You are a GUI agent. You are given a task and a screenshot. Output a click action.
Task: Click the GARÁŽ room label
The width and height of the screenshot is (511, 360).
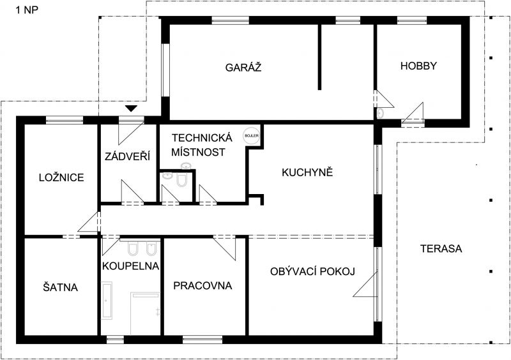[x=243, y=67]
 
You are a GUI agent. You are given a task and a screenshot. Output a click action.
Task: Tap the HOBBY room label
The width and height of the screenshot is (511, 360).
[x=418, y=66]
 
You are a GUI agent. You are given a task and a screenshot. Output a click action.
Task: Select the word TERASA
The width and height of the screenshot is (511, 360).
[x=441, y=248]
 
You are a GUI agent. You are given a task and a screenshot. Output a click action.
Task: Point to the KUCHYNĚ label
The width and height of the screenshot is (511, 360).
[x=307, y=172]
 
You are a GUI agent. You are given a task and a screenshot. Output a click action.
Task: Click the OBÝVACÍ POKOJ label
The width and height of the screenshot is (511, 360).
[x=312, y=271]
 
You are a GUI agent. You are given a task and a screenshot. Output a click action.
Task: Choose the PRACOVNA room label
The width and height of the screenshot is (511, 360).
[x=202, y=285]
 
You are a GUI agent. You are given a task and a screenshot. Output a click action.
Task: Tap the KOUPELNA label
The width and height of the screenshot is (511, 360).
[x=130, y=266]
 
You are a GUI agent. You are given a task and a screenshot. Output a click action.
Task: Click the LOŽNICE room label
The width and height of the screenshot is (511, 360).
[x=61, y=177]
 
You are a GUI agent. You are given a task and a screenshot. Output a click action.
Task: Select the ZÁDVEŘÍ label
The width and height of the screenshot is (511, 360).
[x=127, y=156]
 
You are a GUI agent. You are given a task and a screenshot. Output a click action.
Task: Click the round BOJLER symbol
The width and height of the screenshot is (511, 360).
[x=251, y=135]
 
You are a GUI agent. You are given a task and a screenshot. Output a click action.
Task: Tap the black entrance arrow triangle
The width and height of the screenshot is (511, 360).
[x=131, y=109]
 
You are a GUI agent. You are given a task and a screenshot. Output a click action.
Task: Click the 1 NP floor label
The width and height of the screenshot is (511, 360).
[x=27, y=10]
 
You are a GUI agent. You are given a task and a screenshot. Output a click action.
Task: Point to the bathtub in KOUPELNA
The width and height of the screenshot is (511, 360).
[x=107, y=301]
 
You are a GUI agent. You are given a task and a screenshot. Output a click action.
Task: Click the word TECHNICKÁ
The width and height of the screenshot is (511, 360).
[x=202, y=137]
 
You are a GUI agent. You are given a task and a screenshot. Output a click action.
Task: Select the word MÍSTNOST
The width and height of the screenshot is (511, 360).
[x=198, y=152]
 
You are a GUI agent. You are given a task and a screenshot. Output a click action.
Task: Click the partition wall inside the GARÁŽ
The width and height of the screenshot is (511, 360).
[x=320, y=57]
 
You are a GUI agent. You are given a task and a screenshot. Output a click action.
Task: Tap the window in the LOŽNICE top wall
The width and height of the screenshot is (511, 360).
[x=65, y=121]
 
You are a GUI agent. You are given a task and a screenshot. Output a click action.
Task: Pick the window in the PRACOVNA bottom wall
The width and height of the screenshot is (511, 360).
[x=202, y=340]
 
